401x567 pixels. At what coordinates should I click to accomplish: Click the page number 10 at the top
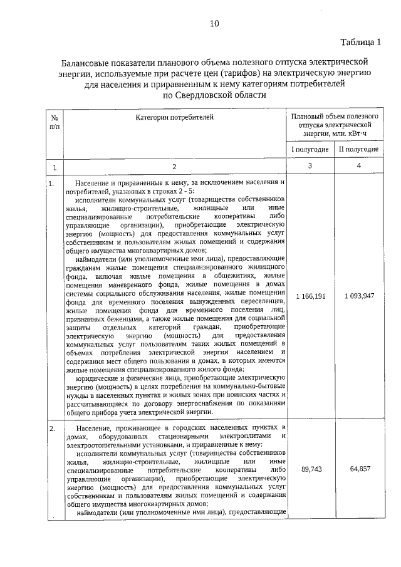[x=214, y=24]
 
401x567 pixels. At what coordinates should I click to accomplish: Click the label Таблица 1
[x=360, y=43]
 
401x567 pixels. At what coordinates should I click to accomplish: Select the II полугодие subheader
[x=358, y=149]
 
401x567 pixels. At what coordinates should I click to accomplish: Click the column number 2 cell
[x=174, y=167]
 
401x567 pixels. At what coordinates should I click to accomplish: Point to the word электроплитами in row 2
[x=242, y=436]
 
